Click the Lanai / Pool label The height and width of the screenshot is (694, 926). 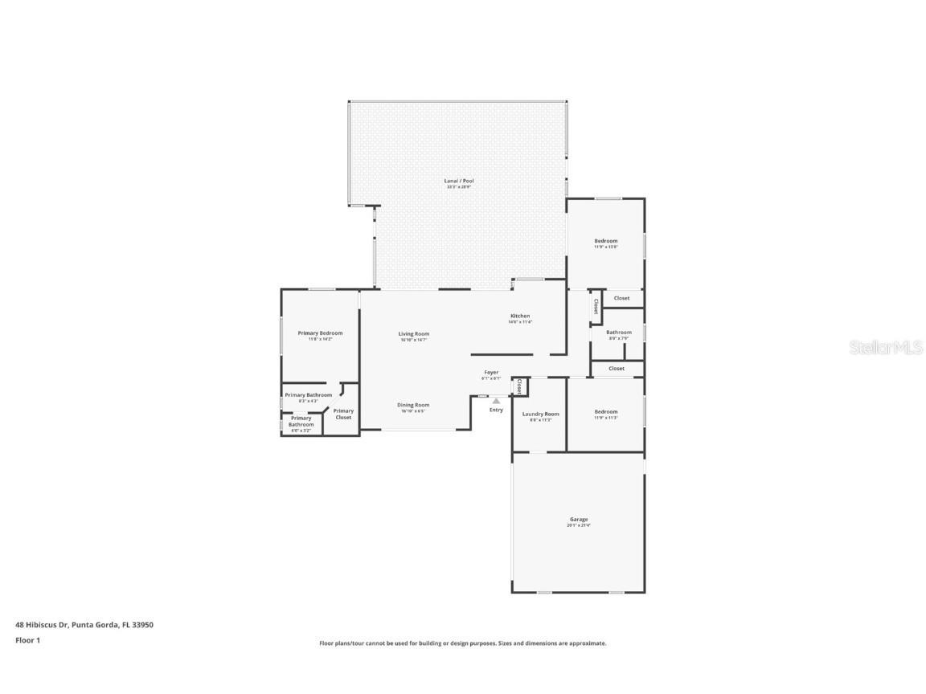click(459, 181)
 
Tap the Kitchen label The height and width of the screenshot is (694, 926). click(520, 316)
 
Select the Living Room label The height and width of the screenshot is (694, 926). click(414, 333)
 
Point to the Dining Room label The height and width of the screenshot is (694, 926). click(414, 405)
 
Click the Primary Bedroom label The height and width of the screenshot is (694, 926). click(320, 333)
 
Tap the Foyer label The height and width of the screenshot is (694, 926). click(491, 372)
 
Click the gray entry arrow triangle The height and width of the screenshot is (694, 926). click(496, 400)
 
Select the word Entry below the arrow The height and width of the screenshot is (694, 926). click(496, 410)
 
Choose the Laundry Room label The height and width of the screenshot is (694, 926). click(540, 414)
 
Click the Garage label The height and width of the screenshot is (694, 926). click(579, 519)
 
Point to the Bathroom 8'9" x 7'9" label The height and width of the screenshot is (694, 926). click(618, 332)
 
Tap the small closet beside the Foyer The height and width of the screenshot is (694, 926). click(519, 386)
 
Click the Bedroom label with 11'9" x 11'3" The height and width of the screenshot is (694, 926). click(606, 411)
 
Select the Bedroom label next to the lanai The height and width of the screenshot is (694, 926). click(606, 241)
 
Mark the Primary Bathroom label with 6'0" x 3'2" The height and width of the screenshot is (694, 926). click(301, 421)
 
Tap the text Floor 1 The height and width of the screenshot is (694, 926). click(27, 640)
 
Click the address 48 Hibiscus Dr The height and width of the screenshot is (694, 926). click(42, 624)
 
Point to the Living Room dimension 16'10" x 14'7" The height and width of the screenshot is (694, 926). click(414, 340)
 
